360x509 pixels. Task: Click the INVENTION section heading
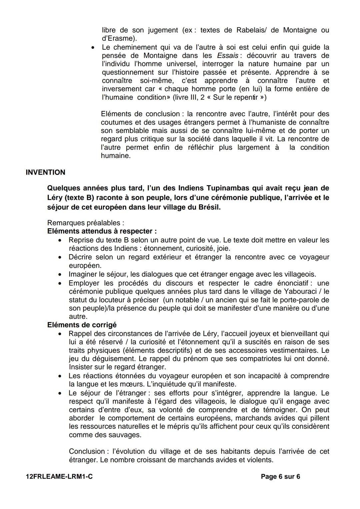pyautogui.click(x=45, y=173)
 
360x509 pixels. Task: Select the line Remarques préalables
pyautogui.click(x=86, y=223)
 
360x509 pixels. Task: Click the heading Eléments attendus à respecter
pyautogui.click(x=102, y=231)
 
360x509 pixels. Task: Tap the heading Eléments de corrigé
pyautogui.click(x=82, y=325)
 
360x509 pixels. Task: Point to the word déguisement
pyautogui.click(x=109, y=359)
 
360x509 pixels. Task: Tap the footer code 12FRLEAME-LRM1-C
pyautogui.click(x=59, y=477)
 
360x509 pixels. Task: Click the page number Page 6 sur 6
pyautogui.click(x=280, y=477)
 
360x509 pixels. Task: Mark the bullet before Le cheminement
pyautogui.click(x=94, y=48)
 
